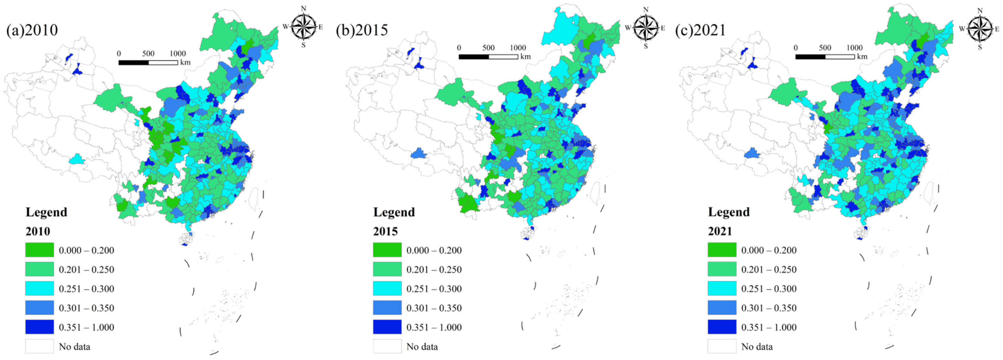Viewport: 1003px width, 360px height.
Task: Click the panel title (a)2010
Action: coord(32,30)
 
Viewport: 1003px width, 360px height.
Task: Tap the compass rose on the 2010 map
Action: coord(304,26)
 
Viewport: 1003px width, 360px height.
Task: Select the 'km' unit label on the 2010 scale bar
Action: coord(185,62)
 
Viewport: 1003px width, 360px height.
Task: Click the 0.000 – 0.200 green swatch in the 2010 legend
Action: coord(39,250)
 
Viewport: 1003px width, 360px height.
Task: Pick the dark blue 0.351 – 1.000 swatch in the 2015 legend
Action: coord(387,327)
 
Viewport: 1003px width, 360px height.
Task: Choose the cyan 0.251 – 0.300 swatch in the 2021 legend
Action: coord(722,288)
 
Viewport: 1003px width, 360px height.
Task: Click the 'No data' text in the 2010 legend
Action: coord(74,346)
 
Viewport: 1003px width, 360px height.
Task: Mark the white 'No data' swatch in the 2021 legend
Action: coord(722,346)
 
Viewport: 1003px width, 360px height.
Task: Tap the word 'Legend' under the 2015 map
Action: coord(394,212)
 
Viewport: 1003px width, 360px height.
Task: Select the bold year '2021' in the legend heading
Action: coord(720,231)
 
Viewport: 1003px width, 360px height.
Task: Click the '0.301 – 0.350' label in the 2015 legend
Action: coord(434,308)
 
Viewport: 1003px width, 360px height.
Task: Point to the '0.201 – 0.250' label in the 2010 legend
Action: coord(87,269)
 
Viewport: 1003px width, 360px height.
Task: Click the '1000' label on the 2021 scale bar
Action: coord(854,48)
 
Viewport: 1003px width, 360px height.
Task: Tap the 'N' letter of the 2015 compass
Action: coord(646,9)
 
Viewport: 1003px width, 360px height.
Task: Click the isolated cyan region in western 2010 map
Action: coord(77,159)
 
